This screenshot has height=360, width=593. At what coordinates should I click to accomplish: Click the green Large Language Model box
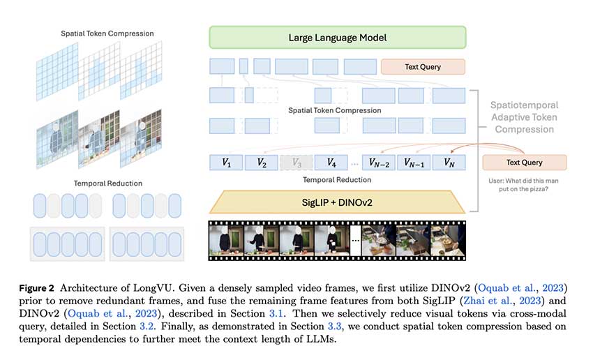click(338, 38)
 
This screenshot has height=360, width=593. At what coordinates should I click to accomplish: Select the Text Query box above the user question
click(524, 163)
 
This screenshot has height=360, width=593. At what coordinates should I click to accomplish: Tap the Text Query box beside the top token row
click(423, 67)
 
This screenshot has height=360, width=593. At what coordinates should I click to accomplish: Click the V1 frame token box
click(226, 163)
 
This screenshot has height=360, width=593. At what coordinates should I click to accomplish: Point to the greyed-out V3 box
click(296, 163)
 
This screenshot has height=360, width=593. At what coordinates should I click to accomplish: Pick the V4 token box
click(331, 163)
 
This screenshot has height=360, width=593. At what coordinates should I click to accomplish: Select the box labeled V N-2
click(379, 163)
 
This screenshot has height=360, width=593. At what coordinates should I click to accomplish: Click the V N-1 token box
click(414, 163)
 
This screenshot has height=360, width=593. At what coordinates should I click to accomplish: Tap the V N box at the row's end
click(449, 163)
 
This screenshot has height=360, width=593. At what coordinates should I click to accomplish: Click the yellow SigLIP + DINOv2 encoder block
click(337, 202)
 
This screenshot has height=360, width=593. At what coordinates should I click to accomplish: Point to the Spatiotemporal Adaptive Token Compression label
click(524, 117)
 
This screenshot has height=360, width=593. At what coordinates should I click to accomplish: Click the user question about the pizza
click(523, 185)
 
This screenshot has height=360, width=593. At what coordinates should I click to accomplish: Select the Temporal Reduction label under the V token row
click(337, 180)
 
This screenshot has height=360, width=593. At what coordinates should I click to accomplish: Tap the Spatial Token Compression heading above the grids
click(107, 33)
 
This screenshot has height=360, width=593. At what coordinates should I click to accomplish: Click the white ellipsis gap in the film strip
click(356, 241)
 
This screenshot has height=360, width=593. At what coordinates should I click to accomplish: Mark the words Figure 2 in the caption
click(37, 288)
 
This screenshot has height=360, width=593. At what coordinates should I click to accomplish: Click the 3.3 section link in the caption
click(334, 327)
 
